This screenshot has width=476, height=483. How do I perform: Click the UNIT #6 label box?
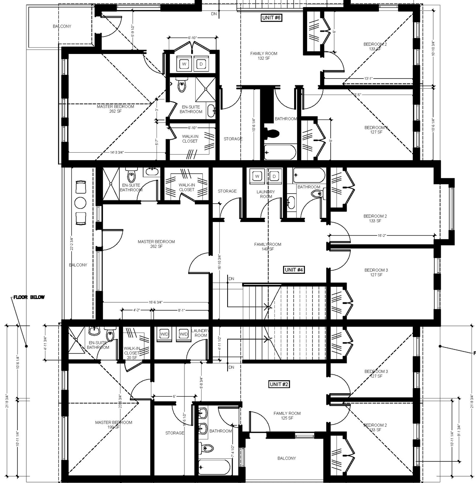271,18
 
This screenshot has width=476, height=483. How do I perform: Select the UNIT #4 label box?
294,270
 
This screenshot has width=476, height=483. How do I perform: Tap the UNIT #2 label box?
279,384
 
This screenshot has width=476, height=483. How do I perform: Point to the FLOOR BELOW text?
29,297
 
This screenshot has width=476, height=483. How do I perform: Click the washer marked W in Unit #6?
184,64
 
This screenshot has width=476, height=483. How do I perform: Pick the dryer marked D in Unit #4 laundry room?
274,176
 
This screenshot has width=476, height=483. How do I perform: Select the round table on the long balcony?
81,203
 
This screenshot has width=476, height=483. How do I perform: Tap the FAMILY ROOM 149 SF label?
268,247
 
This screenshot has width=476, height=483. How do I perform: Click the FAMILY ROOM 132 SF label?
264,56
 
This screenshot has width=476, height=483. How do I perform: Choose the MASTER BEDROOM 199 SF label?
113,425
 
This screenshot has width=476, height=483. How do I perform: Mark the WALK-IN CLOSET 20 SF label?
132,353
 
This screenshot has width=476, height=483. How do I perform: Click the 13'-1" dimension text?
368,79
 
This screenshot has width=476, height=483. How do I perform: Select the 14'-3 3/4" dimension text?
116,152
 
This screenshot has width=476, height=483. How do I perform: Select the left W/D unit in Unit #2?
164,334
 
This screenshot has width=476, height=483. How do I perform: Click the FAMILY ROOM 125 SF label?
287,416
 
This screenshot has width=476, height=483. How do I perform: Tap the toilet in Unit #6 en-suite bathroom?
181,86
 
